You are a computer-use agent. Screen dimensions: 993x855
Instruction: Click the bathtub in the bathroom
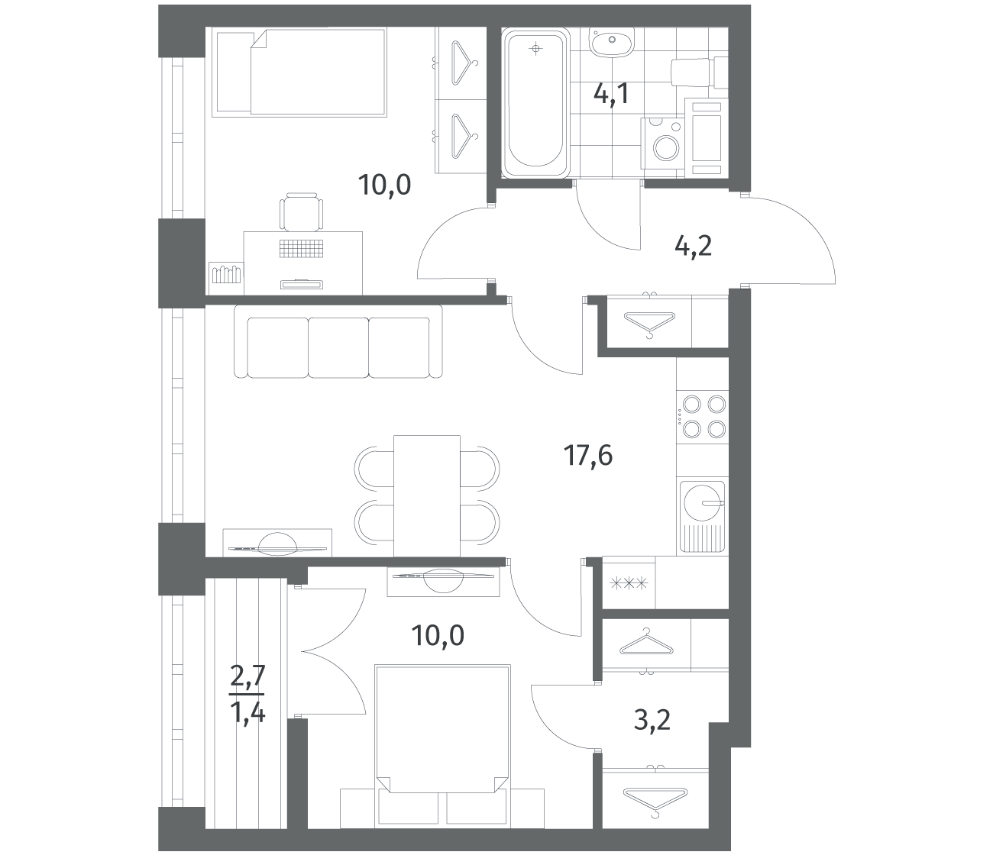click(535, 103)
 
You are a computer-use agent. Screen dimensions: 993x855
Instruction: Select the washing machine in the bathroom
click(662, 144)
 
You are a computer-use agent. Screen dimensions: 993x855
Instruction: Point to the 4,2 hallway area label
click(693, 247)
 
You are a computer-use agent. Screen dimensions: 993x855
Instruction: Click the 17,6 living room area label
click(588, 456)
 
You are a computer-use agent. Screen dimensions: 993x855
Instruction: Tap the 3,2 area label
click(652, 733)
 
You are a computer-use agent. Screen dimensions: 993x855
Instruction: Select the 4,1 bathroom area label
click(612, 94)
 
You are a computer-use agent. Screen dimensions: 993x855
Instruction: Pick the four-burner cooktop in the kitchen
click(703, 416)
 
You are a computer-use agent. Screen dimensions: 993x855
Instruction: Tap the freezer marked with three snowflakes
click(629, 583)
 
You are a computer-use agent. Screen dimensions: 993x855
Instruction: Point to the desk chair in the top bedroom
click(301, 211)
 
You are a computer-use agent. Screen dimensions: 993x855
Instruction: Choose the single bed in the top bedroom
click(302, 73)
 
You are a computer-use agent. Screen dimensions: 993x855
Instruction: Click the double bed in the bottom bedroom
click(442, 729)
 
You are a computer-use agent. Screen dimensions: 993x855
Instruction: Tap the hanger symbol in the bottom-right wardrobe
click(655, 799)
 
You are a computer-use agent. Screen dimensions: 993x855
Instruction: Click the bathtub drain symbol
click(535, 49)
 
